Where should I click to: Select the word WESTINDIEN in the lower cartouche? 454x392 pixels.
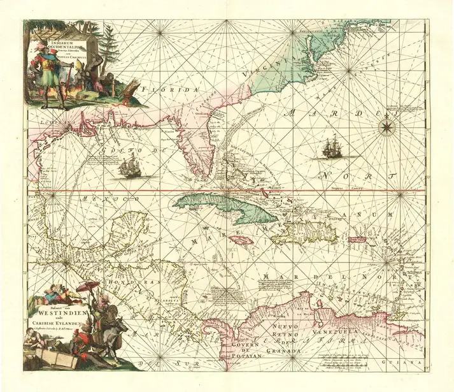tap(61, 314)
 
